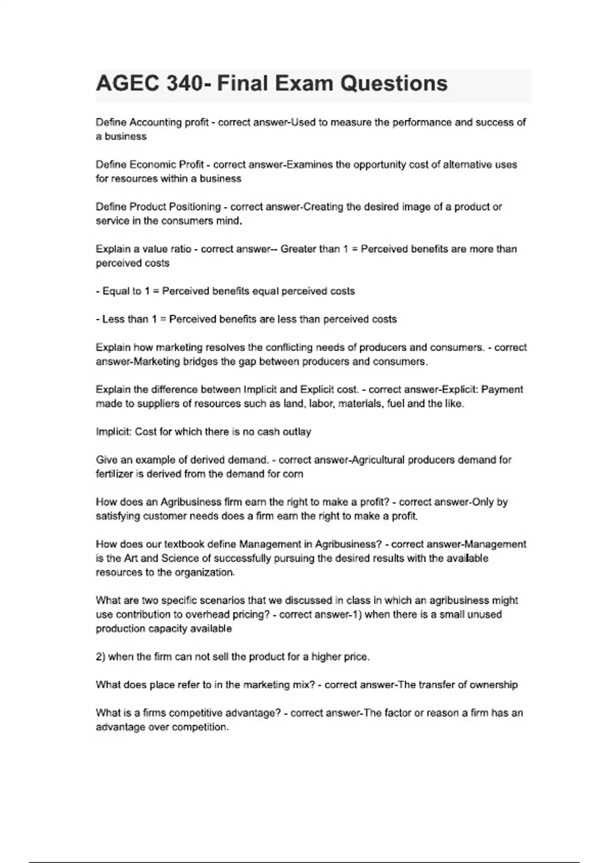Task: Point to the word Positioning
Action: (194, 207)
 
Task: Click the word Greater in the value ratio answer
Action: (298, 249)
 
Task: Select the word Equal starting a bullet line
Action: (115, 291)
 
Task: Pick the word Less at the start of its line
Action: (113, 319)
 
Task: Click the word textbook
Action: (186, 544)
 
